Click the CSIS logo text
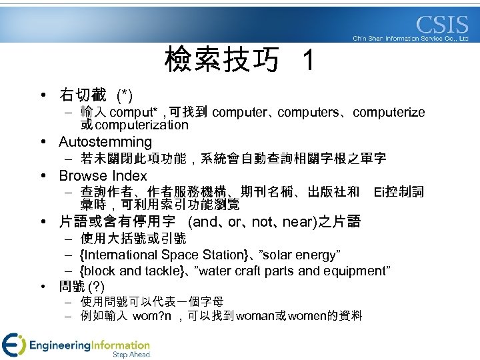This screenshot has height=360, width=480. [x=443, y=25]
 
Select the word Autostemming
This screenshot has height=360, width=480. [x=105, y=142]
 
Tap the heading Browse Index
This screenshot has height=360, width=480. [x=103, y=176]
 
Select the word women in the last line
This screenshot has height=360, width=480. [x=305, y=316]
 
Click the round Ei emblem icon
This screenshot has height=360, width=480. [x=13, y=345]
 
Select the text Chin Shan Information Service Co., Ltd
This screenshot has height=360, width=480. [x=411, y=39]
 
